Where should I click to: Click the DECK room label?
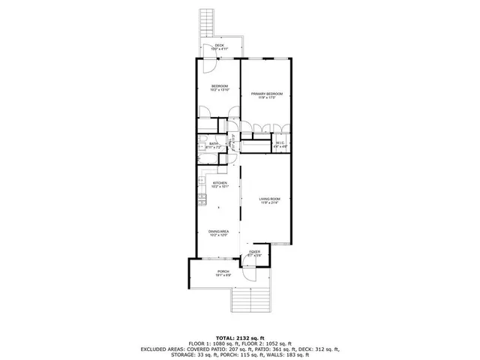tap(219, 46)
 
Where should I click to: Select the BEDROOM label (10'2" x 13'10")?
tap(219, 86)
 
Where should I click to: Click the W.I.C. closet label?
tap(279, 142)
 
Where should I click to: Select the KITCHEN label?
tap(220, 183)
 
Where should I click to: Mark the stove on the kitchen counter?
tap(202, 199)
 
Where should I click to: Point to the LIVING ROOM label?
tap(269, 199)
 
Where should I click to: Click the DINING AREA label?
tap(219, 232)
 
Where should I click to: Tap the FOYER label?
tap(255, 252)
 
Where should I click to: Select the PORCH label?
tap(223, 271)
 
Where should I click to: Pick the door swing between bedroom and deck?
tap(205, 66)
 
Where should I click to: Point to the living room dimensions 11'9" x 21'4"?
tap(269, 203)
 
